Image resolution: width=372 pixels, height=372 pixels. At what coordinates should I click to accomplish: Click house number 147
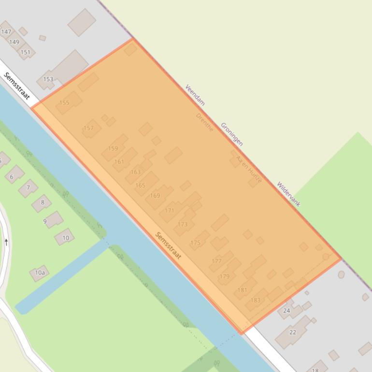[6, 32]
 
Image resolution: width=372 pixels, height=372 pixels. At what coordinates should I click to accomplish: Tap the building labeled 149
[14, 42]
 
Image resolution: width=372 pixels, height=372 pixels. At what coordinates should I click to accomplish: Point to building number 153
[48, 79]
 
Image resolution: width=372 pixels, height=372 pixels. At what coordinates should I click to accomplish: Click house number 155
[64, 103]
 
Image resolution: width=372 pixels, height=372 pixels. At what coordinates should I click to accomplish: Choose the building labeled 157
[88, 128]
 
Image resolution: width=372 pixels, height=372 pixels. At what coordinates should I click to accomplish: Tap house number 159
[113, 148]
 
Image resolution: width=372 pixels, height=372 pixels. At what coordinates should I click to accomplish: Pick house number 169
[155, 196]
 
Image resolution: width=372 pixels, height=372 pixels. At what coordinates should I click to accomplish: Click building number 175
[195, 243]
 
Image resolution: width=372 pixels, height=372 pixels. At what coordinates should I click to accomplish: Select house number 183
[255, 300]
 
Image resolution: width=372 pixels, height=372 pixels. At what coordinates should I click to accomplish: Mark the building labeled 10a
[40, 273]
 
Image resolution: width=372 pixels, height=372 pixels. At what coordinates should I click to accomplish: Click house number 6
[12, 177]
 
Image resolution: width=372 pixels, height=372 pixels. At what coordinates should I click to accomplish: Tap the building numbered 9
[45, 221]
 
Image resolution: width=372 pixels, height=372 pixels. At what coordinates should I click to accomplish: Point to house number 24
[286, 311]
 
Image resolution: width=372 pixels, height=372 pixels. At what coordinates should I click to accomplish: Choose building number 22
[293, 332]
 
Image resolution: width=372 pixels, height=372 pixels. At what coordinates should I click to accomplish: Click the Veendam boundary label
[195, 95]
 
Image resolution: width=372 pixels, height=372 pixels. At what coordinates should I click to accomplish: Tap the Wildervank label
[288, 194]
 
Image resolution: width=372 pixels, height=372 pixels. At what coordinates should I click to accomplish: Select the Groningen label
[232, 134]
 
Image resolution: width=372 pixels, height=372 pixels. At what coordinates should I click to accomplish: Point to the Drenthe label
[204, 122]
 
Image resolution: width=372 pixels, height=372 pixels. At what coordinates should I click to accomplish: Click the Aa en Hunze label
[249, 169]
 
